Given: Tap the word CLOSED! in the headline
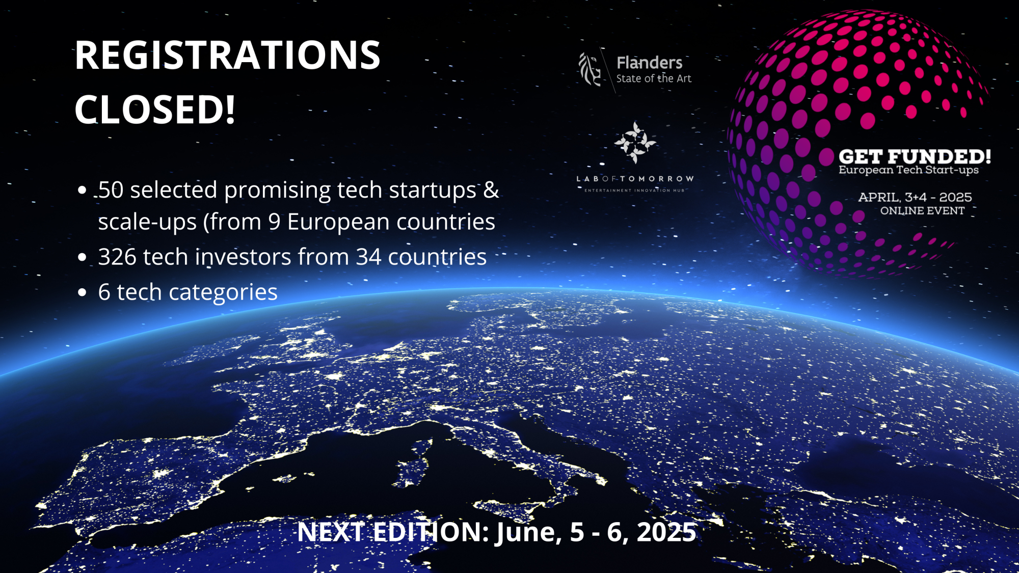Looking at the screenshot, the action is (155, 109).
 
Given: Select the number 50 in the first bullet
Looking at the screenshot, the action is (111, 190).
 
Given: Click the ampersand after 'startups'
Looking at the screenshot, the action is (491, 190).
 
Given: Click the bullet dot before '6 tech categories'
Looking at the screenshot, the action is (82, 292).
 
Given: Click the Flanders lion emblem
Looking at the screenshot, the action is (590, 69).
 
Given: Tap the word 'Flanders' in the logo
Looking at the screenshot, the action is (649, 63).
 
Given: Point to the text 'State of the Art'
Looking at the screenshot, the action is (654, 78).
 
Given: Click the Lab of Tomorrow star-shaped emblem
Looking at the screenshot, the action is (635, 142).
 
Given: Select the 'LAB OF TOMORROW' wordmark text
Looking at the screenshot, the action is (635, 179).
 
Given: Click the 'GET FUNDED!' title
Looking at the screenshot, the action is (915, 156).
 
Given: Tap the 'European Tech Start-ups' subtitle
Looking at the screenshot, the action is (908, 170).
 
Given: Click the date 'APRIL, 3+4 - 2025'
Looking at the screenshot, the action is (915, 197).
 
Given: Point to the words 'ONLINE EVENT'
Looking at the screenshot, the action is (922, 211).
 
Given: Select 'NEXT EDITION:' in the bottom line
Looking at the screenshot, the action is (393, 532).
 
